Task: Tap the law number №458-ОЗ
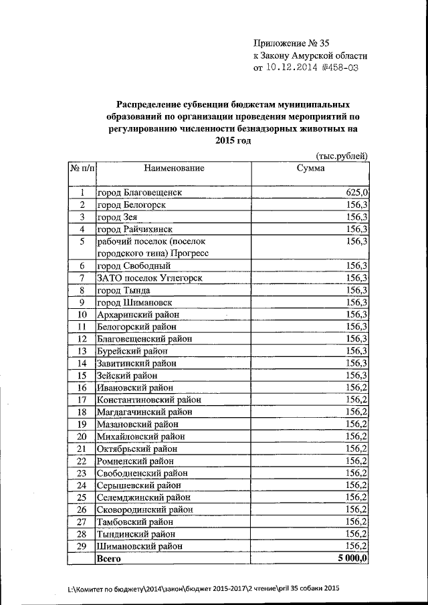coord(344,68)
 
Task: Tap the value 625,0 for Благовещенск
coord(356,193)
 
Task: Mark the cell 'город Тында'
coord(124,290)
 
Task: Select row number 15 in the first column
coord(82,375)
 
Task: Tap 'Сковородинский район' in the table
coord(140,509)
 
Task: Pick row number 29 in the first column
coord(82,546)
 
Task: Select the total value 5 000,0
coord(353,558)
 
